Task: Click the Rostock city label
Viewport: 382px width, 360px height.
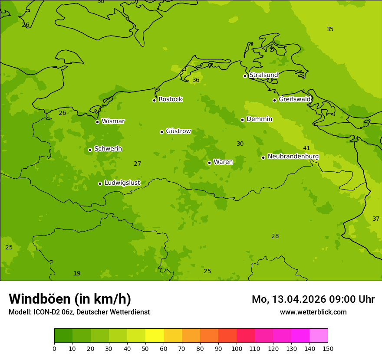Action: click(x=170, y=99)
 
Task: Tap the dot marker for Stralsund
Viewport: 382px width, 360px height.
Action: click(x=245, y=76)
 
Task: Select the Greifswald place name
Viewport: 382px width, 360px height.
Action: click(x=294, y=99)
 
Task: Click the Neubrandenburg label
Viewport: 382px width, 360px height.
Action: click(x=293, y=157)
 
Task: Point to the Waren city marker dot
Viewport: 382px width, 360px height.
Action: click(x=209, y=163)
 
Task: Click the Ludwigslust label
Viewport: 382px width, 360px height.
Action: click(x=122, y=183)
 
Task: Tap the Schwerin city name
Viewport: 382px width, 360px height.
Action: click(x=108, y=149)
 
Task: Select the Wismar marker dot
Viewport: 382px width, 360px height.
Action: click(x=97, y=122)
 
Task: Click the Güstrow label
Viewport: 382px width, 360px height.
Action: click(x=178, y=131)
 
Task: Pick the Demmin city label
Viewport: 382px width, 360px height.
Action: click(x=259, y=119)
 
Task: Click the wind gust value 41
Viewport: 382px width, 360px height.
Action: click(x=306, y=148)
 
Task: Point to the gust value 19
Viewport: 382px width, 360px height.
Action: click(x=77, y=273)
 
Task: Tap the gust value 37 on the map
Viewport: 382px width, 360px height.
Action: click(x=376, y=219)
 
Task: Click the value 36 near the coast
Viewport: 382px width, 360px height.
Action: click(x=196, y=80)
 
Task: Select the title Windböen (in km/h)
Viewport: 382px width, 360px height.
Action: click(x=69, y=299)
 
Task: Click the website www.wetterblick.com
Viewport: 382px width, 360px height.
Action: click(x=313, y=312)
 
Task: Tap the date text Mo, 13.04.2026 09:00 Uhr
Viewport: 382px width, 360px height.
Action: click(x=313, y=299)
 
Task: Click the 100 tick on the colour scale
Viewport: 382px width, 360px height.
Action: click(x=237, y=348)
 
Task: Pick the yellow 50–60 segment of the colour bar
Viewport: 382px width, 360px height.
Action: click(x=154, y=335)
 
